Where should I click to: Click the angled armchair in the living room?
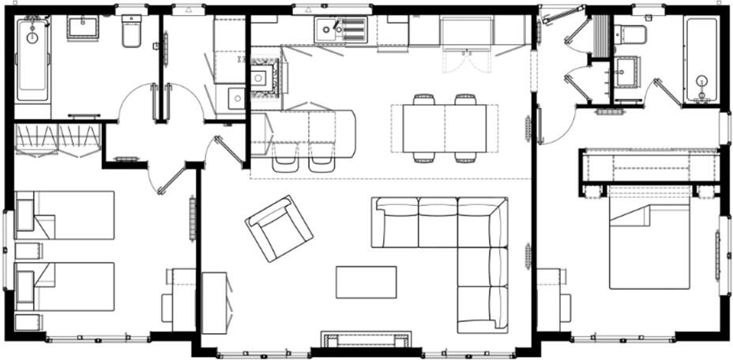click(279, 227)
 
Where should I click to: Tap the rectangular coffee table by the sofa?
click(366, 282)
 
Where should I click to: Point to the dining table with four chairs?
click(444, 129)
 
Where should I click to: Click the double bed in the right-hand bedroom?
click(649, 237)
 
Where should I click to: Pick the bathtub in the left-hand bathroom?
click(32, 62)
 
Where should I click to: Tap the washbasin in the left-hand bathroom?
click(82, 28)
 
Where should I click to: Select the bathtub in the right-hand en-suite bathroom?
click(701, 59)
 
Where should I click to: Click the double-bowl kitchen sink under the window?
click(340, 31)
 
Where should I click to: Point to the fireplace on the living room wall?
click(366, 340)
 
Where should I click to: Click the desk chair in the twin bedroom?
click(167, 307)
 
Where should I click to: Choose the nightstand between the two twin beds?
click(28, 251)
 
